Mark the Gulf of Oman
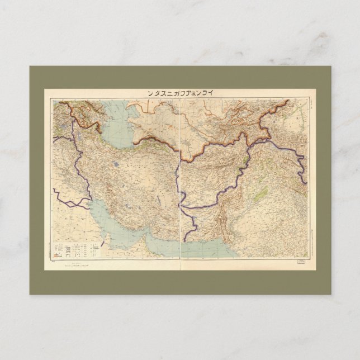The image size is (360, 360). coord(168,246)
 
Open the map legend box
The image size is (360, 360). coord(78,249)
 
